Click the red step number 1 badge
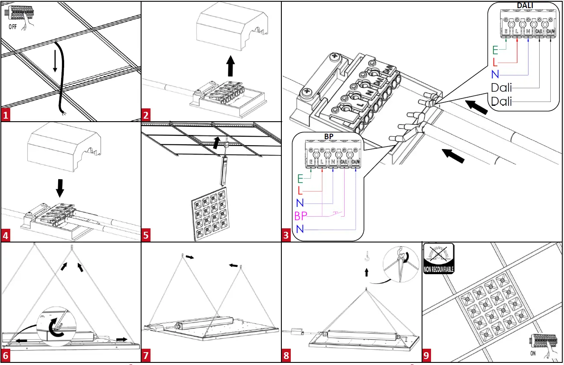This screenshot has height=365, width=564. pos(6,115)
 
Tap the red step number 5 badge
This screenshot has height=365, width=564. pos(146,235)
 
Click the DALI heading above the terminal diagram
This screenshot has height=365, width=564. pos(527,5)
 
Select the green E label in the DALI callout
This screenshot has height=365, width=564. pos(495,49)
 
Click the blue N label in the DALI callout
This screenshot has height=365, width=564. pos(495,74)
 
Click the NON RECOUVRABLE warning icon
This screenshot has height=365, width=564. pos(438,258)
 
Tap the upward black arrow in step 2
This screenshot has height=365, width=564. pos(230,66)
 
